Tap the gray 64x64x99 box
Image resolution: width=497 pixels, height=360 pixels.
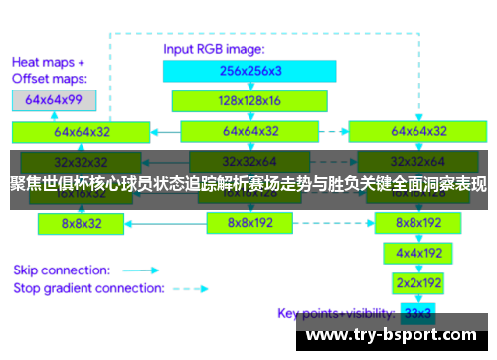[x=54, y=100]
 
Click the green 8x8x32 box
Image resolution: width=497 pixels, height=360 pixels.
[x=82, y=223]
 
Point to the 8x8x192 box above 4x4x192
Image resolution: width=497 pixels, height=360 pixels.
[x=416, y=223]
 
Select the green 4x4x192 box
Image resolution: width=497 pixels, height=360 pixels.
[x=416, y=253]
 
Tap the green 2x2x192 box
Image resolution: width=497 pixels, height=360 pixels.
[x=416, y=282]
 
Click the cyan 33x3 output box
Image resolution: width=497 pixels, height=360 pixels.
[x=416, y=313]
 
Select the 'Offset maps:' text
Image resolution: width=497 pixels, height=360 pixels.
[x=50, y=78]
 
